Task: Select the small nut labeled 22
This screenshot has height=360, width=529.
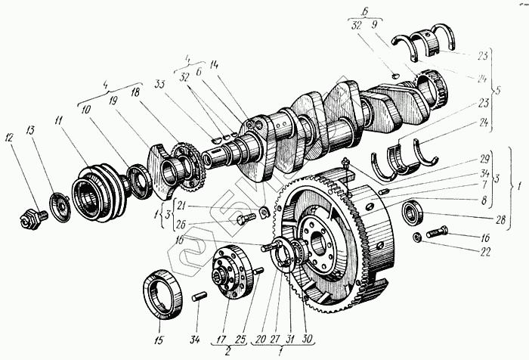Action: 417,239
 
